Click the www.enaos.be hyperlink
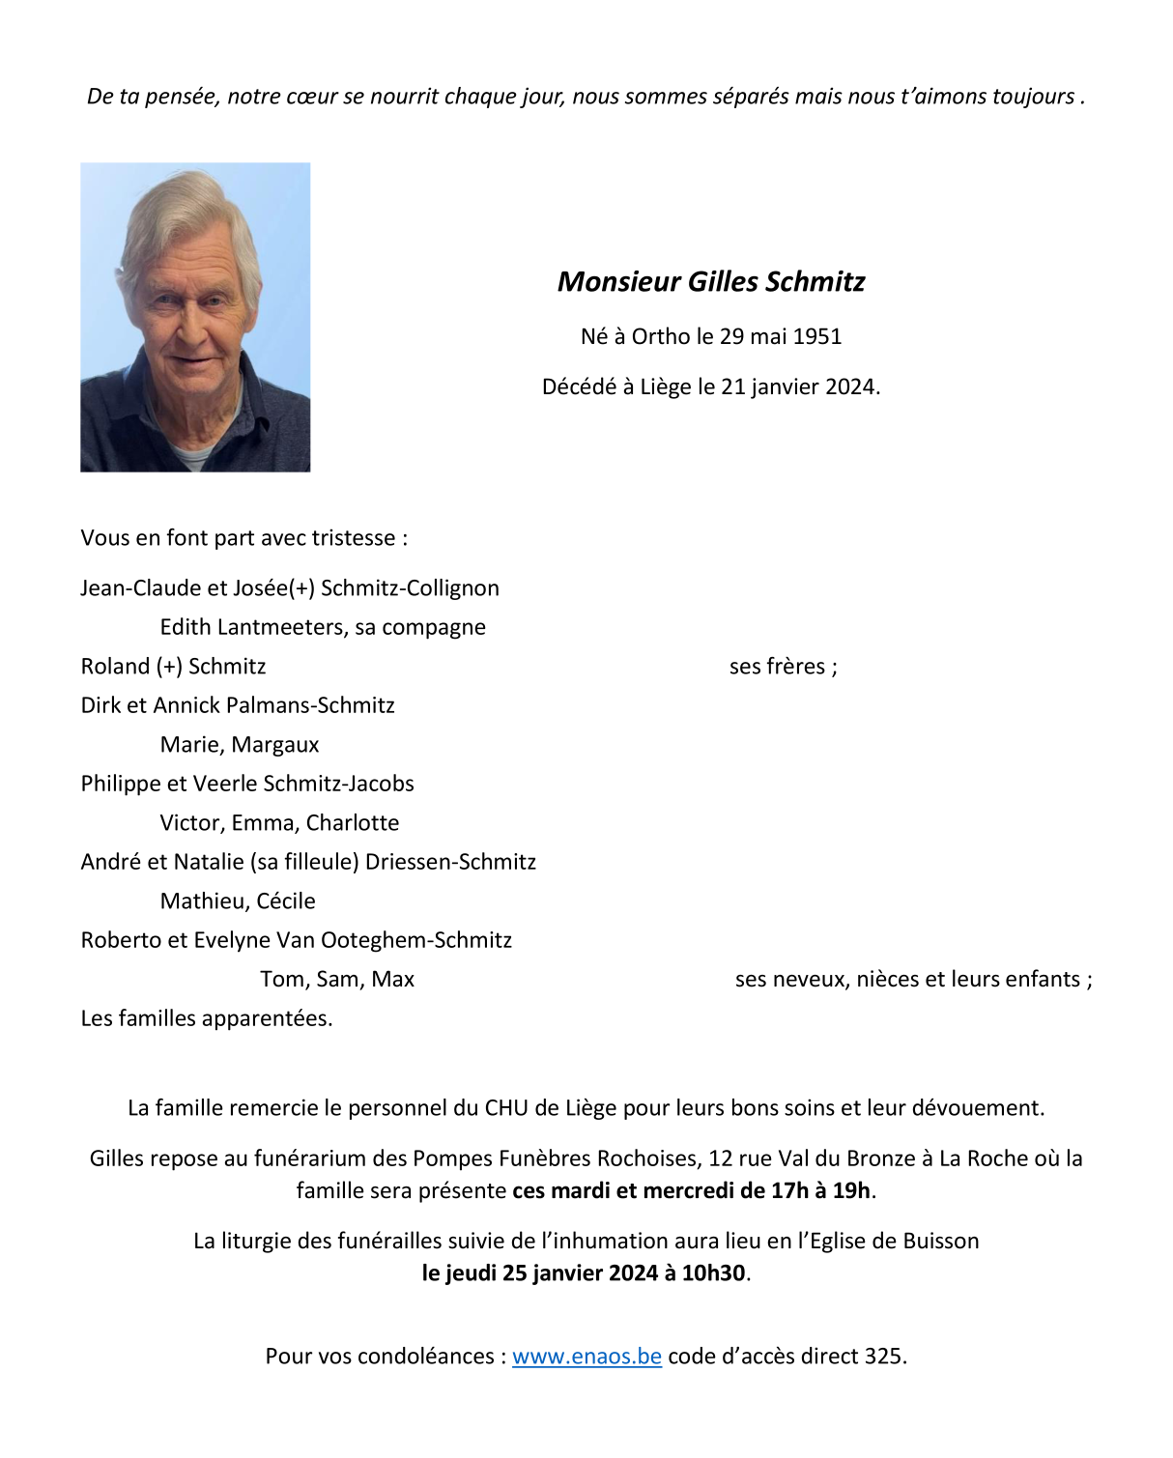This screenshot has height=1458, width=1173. [x=586, y=1357]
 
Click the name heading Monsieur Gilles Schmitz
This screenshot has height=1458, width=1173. [x=711, y=282]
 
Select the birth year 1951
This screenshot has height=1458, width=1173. [x=817, y=337]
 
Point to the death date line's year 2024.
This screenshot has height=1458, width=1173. [x=850, y=387]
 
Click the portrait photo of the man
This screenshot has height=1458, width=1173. [x=195, y=317]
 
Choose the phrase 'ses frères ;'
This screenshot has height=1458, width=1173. [x=783, y=667]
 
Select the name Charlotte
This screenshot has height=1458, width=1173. [x=353, y=823]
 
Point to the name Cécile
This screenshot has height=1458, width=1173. [x=286, y=901]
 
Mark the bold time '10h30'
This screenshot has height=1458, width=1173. [x=714, y=1273]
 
